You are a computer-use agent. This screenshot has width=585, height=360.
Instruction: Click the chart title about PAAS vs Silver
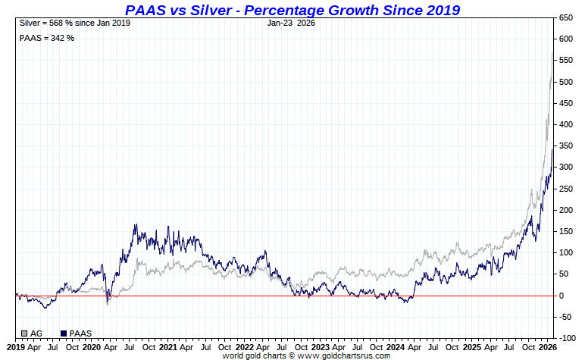click(292, 9)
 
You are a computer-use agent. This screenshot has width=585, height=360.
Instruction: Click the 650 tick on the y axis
click(565, 17)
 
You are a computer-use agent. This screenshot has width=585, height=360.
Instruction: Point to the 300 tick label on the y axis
click(565, 167)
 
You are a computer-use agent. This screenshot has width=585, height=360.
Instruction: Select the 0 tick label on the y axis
click(562, 296)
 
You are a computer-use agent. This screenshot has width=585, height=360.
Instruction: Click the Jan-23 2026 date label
click(291, 23)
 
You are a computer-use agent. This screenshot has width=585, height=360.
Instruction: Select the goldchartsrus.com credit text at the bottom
click(306, 355)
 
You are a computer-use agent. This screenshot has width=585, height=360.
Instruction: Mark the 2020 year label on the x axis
click(91, 347)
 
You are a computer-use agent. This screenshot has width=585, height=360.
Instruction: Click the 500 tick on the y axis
click(565, 81)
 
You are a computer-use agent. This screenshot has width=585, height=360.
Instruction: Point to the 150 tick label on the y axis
click(565, 231)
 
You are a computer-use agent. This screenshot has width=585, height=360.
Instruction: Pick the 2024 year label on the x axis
click(396, 347)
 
